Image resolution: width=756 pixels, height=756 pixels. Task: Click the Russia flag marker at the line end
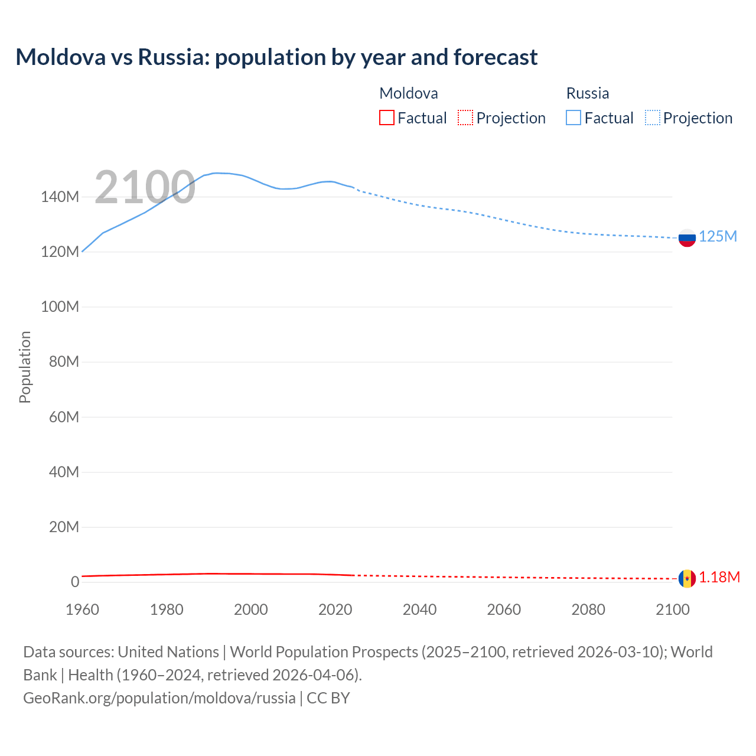(x=687, y=238)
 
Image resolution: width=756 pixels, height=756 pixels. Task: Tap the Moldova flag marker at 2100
(x=687, y=578)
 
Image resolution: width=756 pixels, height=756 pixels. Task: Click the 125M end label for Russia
(x=718, y=237)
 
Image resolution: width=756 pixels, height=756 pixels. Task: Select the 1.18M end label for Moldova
(x=719, y=578)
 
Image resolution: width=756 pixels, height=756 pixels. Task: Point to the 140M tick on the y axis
(x=60, y=197)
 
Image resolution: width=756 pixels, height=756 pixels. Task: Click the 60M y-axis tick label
(x=64, y=417)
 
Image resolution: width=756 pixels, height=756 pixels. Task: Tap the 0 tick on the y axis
(x=74, y=582)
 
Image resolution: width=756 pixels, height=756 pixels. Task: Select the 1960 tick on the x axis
(x=82, y=610)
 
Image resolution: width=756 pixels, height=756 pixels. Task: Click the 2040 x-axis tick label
(x=419, y=610)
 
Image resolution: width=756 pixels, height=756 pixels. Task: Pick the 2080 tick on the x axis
(x=588, y=610)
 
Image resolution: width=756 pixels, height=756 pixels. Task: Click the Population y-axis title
(x=25, y=367)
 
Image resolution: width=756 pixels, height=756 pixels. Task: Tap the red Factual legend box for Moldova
(x=386, y=118)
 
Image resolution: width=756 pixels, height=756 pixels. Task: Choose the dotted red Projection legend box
(x=465, y=118)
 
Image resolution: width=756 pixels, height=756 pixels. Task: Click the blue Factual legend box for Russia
(x=573, y=118)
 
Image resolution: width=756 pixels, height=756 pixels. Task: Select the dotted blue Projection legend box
(x=653, y=118)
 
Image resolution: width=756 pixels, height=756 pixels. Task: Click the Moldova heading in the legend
(x=409, y=93)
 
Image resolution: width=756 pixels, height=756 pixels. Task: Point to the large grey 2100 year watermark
(x=145, y=187)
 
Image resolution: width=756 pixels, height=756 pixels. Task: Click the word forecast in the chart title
(x=496, y=57)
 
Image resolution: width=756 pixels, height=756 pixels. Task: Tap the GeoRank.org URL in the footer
(x=159, y=698)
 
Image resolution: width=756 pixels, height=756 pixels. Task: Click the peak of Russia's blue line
(x=217, y=173)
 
